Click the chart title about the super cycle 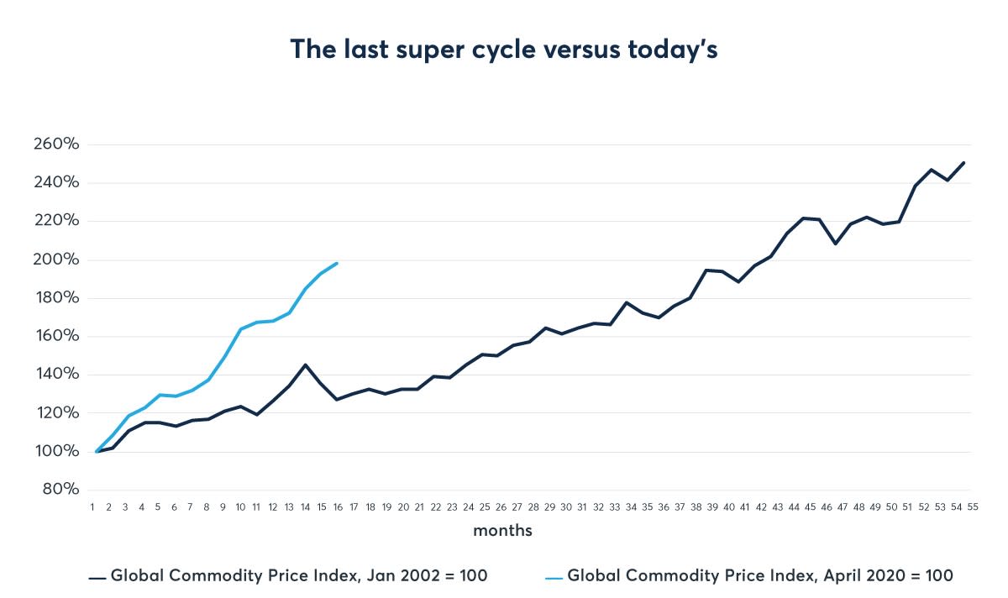(504, 50)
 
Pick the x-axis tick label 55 (971, 507)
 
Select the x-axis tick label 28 (533, 507)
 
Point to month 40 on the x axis (729, 507)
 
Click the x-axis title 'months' (502, 531)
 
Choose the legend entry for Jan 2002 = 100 (298, 576)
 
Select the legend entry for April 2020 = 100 (760, 576)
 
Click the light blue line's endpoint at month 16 (337, 263)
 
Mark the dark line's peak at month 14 (305, 365)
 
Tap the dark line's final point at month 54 (964, 162)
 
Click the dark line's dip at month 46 (834, 244)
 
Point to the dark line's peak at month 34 (627, 302)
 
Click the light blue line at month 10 (240, 328)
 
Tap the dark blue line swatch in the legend (97, 577)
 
